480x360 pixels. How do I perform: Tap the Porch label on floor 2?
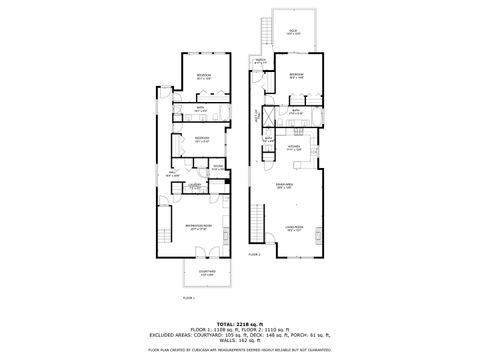[259, 61]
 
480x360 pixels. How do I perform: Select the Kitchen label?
[294, 147]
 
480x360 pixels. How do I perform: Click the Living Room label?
[295, 229]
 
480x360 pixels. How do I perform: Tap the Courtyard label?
[206, 273]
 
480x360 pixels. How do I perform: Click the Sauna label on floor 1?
[218, 167]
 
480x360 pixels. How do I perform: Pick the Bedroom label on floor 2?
[297, 75]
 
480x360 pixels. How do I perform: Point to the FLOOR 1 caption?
[188, 297]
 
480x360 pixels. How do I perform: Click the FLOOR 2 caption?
[255, 255]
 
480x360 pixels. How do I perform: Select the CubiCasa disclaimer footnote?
[239, 350]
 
